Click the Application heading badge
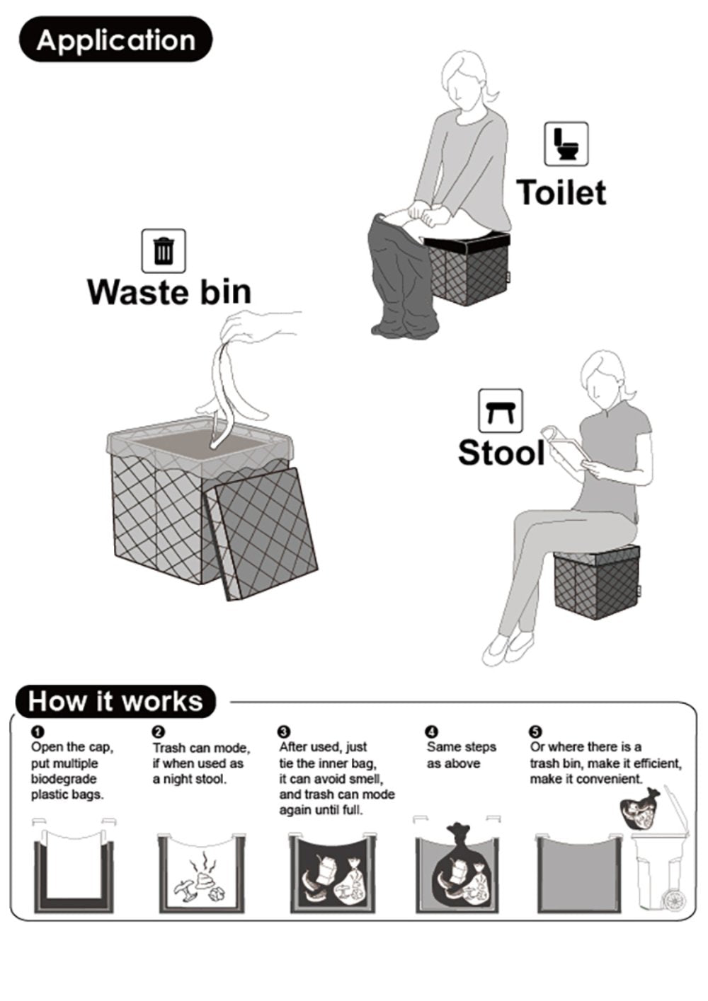[x=115, y=40]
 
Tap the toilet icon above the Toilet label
[x=566, y=144]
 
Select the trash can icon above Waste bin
[x=164, y=251]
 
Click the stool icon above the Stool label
[x=501, y=411]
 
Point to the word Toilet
[x=561, y=192]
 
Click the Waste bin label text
[x=169, y=292]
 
